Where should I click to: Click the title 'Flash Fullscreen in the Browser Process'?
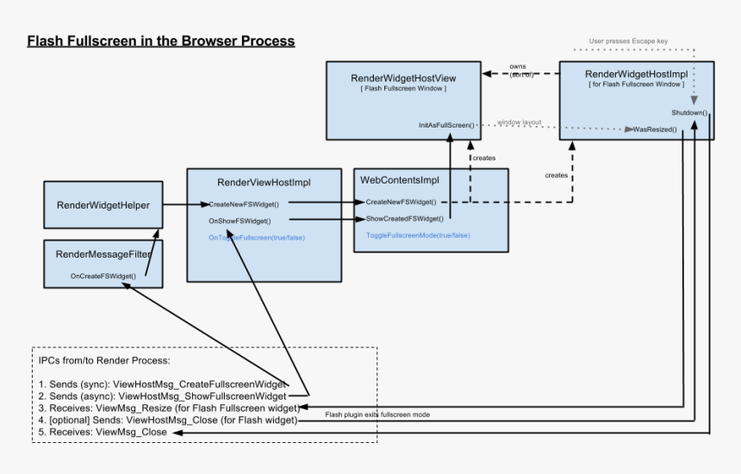coord(160,41)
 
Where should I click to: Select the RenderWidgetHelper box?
coord(103,205)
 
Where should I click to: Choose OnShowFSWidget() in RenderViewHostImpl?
coord(234,221)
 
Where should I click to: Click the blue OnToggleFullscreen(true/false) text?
coord(257,237)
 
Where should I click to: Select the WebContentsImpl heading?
coord(399,180)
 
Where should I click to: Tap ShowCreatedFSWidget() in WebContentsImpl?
coord(405,219)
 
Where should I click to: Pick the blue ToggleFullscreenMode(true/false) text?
coord(418,235)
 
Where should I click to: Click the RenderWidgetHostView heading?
coord(403,78)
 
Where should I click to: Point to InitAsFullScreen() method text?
coord(445,126)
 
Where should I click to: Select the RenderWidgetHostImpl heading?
coord(636,74)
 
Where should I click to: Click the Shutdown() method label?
coord(689,113)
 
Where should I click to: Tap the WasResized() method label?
coord(655,129)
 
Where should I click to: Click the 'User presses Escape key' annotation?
coord(628,41)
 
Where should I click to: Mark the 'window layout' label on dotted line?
coord(520,122)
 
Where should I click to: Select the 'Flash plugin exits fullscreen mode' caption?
coord(377,415)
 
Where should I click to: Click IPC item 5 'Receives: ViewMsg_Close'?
coord(103,432)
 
